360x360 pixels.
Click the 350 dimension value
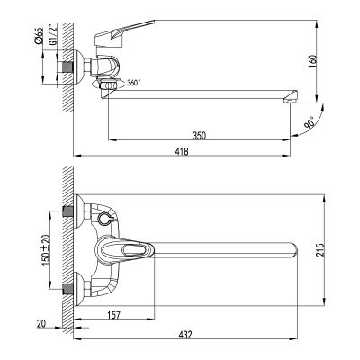pyautogui.click(x=199, y=135)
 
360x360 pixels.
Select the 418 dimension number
pyautogui.click(x=182, y=152)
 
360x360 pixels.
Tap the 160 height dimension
pyautogui.click(x=313, y=62)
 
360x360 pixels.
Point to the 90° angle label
pyautogui.click(x=310, y=122)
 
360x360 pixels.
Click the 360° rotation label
pyautogui.click(x=133, y=83)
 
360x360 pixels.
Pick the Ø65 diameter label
pyautogui.click(x=39, y=36)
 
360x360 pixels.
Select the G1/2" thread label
pyautogui.click(x=52, y=33)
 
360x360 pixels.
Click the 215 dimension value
pyautogui.click(x=320, y=249)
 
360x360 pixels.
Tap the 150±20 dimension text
pyautogui.click(x=46, y=250)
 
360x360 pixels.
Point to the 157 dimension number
pyautogui.click(x=113, y=315)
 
